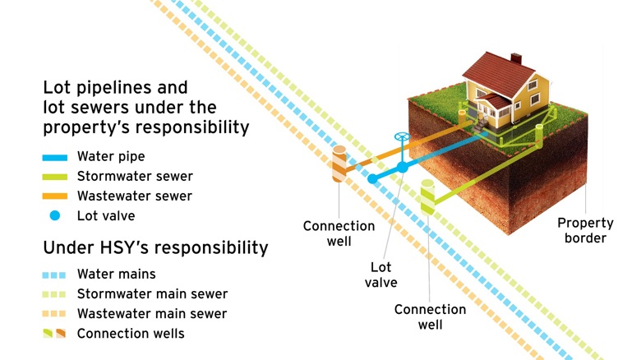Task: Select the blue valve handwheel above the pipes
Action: (401, 137)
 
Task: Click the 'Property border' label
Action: (585, 230)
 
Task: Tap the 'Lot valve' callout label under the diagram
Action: (382, 275)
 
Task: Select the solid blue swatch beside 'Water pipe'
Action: (59, 156)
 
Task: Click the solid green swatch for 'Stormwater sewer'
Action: (59, 176)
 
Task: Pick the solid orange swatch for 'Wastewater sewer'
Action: (59, 196)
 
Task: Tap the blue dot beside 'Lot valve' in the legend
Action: (55, 216)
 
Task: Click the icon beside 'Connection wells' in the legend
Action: (55, 334)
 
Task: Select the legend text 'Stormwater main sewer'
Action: (152, 294)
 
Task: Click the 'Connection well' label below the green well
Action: (430, 316)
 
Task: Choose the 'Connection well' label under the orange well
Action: (339, 233)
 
